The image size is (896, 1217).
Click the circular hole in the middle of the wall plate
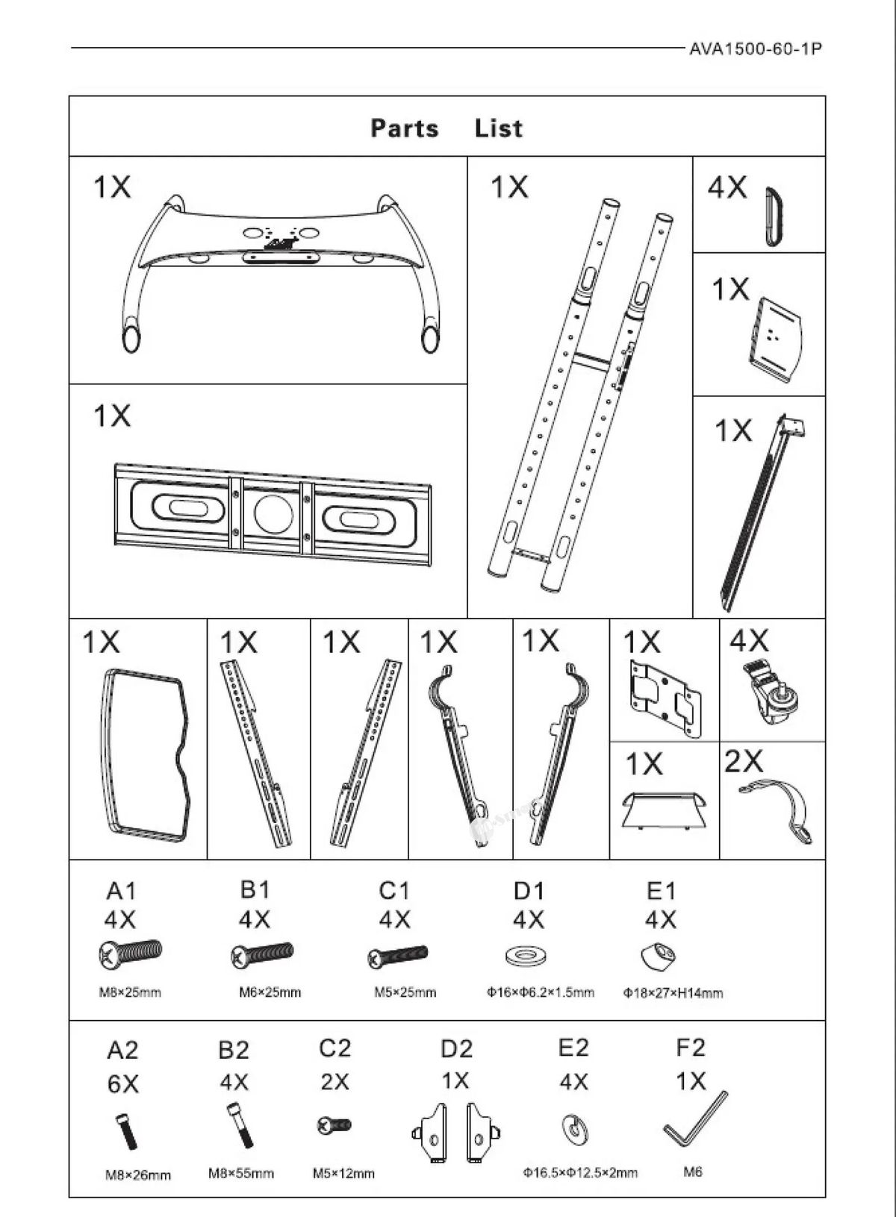click(273, 513)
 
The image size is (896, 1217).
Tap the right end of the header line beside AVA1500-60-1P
click(686, 48)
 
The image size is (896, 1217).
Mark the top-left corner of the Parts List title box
click(69, 96)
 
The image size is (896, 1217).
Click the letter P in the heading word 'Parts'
click(378, 129)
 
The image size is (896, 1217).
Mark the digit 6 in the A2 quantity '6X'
click(115, 1084)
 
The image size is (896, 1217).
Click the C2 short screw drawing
click(334, 1124)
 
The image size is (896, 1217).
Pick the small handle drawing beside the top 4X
click(774, 216)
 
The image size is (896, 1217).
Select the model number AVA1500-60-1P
click(756, 49)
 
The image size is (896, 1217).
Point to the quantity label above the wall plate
click(112, 416)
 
